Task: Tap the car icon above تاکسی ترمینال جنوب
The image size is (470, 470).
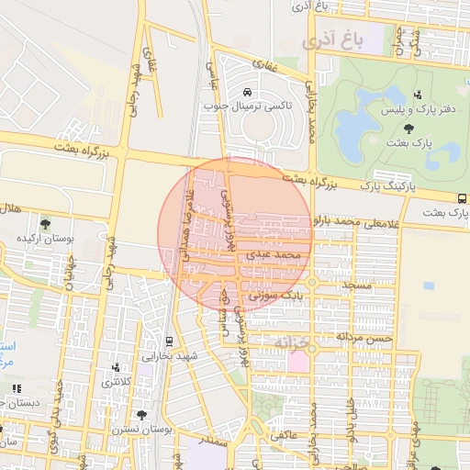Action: pyautogui.click(x=248, y=92)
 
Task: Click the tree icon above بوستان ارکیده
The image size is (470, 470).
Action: pyautogui.click(x=45, y=223)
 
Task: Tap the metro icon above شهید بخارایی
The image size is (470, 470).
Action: pyautogui.click(x=168, y=341)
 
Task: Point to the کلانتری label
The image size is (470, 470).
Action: pyautogui.click(x=116, y=381)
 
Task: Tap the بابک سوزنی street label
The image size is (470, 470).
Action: pyautogui.click(x=278, y=296)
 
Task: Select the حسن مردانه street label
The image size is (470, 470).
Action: pyautogui.click(x=366, y=338)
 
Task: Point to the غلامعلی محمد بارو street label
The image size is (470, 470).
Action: pyautogui.click(x=352, y=221)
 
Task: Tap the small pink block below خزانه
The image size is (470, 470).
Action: pyautogui.click(x=298, y=361)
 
